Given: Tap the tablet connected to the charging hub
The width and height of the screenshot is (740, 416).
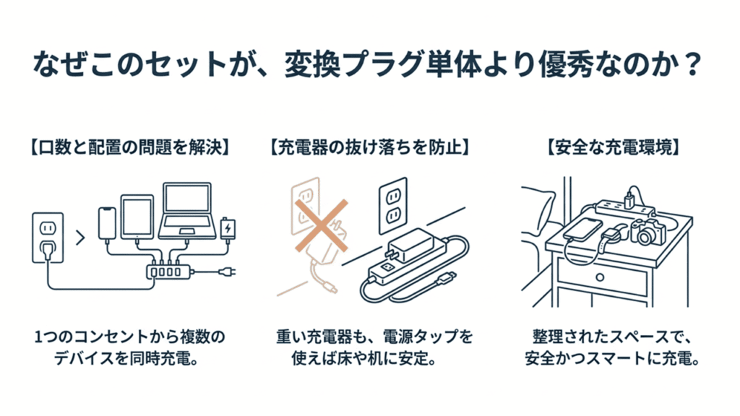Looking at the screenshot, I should pyautogui.click(x=137, y=216).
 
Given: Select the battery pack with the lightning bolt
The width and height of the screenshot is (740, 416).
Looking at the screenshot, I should pyautogui.click(x=228, y=227).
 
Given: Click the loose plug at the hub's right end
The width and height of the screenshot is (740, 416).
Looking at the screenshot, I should pyautogui.click(x=228, y=274).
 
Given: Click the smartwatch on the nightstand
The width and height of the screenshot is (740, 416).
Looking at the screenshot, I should pyautogui.click(x=613, y=236).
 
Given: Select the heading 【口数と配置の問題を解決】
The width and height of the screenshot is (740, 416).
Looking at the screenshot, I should pyautogui.click(x=129, y=147).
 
